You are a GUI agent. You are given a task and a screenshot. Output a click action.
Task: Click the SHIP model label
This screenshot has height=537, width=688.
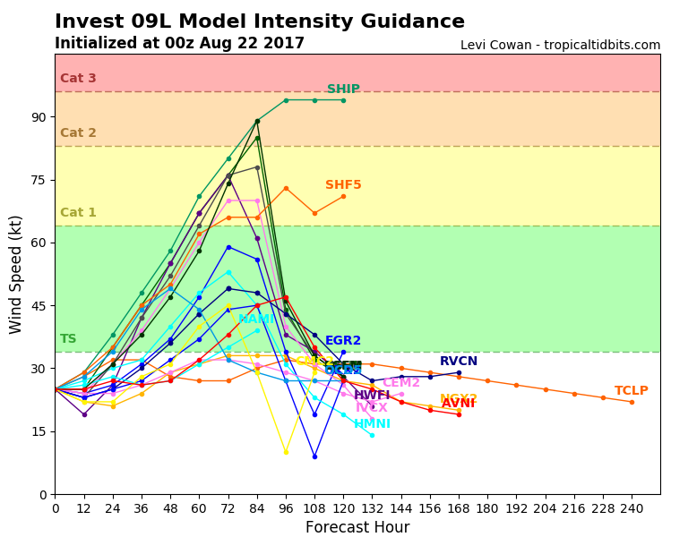click(x=343, y=89)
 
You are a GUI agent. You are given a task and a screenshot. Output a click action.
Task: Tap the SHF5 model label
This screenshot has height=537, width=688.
click(x=343, y=185)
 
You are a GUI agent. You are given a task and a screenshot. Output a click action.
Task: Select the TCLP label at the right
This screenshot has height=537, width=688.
click(x=632, y=391)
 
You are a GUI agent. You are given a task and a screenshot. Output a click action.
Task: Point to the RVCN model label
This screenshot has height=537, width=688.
click(x=459, y=362)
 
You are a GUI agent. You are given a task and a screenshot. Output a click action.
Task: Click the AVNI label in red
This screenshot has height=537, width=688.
click(x=458, y=404)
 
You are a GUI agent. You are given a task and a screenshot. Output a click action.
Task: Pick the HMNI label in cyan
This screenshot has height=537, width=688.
click(x=372, y=424)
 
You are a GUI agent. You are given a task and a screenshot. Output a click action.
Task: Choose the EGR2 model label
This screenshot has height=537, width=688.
click(x=343, y=341)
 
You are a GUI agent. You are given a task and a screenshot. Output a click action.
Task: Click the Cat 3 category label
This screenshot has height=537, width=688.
click(x=78, y=79)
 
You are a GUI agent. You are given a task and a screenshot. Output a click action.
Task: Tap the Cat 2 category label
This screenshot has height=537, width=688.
click(x=78, y=133)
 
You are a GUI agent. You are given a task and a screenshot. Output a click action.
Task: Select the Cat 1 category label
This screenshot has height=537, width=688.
click(x=78, y=213)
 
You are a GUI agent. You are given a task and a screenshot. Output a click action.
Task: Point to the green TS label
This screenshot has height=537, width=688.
click(x=68, y=339)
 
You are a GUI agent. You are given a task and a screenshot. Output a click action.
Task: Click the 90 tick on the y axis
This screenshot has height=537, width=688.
click(x=39, y=117)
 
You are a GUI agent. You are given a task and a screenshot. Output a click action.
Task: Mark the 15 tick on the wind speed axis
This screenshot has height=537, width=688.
click(x=39, y=431)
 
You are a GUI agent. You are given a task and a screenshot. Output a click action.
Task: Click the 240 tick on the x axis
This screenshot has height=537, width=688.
click(x=632, y=507)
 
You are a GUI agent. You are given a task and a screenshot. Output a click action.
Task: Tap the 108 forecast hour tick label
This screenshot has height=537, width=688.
click(x=314, y=507)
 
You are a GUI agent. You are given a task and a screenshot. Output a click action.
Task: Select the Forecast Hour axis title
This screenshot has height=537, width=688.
click(x=357, y=527)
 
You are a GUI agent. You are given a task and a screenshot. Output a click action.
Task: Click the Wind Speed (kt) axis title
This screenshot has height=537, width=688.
click(x=16, y=274)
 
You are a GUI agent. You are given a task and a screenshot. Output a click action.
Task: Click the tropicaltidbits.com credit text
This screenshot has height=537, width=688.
click(x=560, y=46)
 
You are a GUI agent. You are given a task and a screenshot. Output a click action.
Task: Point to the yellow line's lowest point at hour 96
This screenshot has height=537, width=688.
click(x=286, y=452)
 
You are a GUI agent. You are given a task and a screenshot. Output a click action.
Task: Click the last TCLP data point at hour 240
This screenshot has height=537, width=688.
click(x=632, y=402)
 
